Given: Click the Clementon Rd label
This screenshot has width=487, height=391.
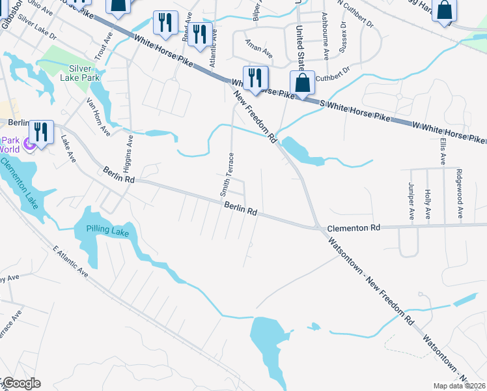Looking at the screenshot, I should click(353, 228).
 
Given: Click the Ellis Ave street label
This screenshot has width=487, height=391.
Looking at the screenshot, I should click(443, 151).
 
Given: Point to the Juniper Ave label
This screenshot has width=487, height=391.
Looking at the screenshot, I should click(411, 200).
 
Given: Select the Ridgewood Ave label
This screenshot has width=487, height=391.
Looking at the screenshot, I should click(459, 194).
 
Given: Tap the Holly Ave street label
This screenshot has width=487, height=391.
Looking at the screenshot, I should click(427, 204).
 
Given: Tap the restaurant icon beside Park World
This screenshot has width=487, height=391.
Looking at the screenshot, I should click(41, 132).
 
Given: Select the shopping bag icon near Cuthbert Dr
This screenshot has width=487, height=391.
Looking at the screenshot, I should click(302, 83).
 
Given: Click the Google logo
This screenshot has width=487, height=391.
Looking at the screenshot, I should click(21, 383).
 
